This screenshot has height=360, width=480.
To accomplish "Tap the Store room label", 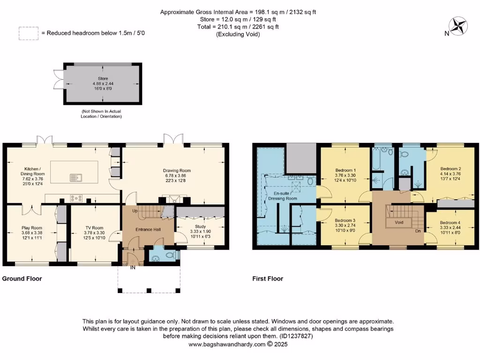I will [x=103, y=79].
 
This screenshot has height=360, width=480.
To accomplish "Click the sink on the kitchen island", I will [x=75, y=177].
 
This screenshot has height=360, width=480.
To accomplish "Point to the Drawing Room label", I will [x=177, y=171].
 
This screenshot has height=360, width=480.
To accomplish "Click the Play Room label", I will [x=32, y=228].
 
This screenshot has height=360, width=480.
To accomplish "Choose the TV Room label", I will [x=93, y=228].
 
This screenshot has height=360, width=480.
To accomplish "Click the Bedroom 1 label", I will [x=345, y=170].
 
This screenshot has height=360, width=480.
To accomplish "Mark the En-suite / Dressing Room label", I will [x=282, y=195].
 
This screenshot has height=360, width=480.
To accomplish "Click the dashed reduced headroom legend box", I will [x=28, y=33].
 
